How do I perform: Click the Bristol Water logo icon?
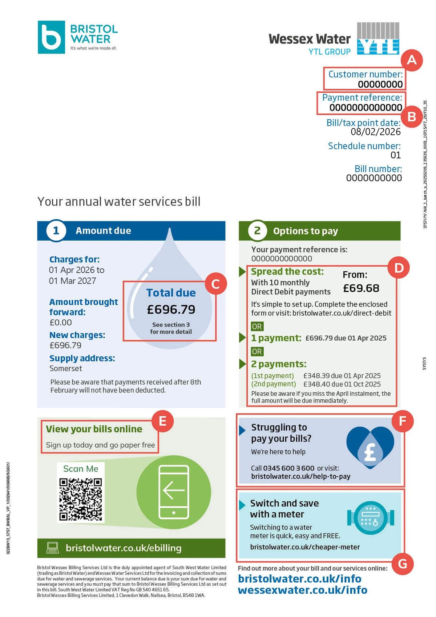tap(51, 37)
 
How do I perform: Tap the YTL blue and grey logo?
tap(378, 38)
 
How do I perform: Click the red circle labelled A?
tap(412, 59)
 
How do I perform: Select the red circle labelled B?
tap(412, 117)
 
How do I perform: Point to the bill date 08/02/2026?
tap(375, 132)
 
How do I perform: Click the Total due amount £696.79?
tap(171, 309)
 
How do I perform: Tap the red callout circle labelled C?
tap(215, 284)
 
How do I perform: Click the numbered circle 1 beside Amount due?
tap(56, 231)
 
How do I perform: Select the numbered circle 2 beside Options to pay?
tap(257, 231)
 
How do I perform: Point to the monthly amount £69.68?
tap(361, 288)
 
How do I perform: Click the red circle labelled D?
tap(399, 268)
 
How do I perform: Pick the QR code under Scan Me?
tap(81, 499)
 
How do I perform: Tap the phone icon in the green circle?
tap(174, 492)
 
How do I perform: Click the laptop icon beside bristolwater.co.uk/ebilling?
tap(53, 548)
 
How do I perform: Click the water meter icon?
tap(371, 518)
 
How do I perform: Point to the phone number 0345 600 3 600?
tap(288, 468)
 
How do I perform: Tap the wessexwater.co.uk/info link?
tap(302, 590)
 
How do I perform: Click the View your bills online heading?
tap(94, 429)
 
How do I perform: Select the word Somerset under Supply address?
tap(66, 368)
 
